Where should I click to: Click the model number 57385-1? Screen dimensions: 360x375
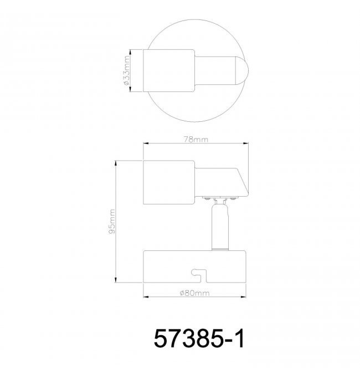point(199,338)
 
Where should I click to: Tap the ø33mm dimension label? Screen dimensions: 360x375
point(126,70)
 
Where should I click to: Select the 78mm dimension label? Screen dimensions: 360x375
point(196,140)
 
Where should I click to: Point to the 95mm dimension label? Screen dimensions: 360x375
point(112,221)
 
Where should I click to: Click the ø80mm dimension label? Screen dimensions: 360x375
point(194,293)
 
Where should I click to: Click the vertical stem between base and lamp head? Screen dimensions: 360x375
point(220,226)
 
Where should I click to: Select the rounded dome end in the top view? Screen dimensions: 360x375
point(242,70)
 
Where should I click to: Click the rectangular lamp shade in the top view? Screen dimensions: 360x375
point(169,70)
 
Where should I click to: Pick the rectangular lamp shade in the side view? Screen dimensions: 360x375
point(169,182)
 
